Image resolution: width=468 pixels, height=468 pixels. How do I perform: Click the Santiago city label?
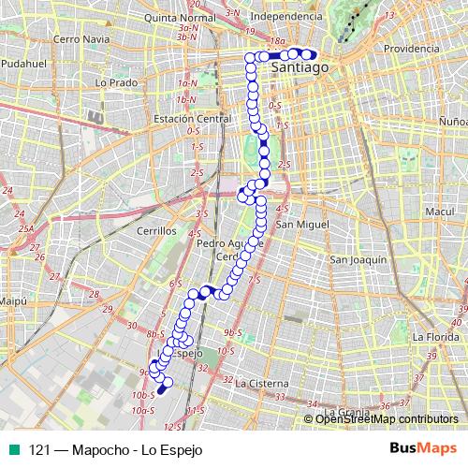(298, 68)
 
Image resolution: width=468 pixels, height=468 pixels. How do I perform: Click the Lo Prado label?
(116, 82)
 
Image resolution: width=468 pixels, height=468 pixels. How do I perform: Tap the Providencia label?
(411, 47)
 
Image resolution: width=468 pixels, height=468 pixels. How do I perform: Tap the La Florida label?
(437, 336)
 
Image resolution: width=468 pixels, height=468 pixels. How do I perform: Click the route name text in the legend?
(116, 449)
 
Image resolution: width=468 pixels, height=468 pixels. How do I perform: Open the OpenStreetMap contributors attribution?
(387, 418)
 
